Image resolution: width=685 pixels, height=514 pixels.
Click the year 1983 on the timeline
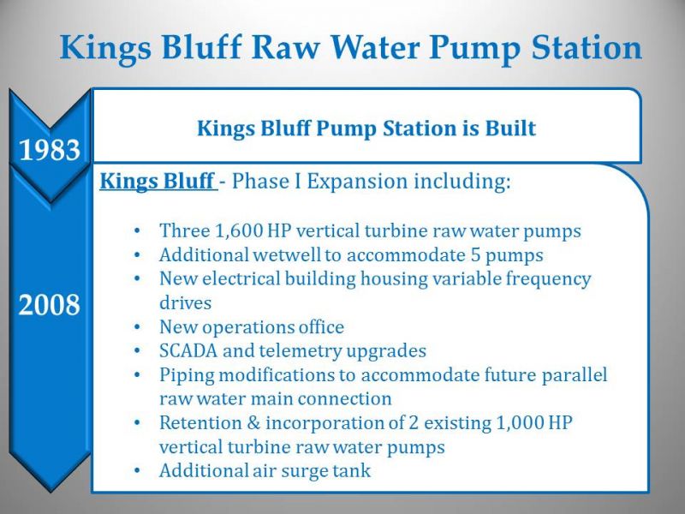pyautogui.click(x=50, y=149)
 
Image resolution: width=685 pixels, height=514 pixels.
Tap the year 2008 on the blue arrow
pyautogui.click(x=50, y=304)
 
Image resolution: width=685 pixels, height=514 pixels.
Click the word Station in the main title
pyautogui.click(x=587, y=47)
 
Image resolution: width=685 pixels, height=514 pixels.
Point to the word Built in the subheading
pyautogui.click(x=510, y=128)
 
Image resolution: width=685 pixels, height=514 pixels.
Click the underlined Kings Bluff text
pyautogui.click(x=158, y=181)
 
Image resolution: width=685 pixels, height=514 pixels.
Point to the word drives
pyautogui.click(x=185, y=303)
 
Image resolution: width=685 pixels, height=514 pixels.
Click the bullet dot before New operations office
pyautogui.click(x=137, y=326)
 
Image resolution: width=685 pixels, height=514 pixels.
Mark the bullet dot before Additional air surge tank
pyautogui.click(x=137, y=470)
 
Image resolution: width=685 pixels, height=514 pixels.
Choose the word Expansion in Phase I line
pyautogui.click(x=357, y=182)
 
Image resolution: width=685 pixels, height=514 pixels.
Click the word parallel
pyautogui.click(x=575, y=375)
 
